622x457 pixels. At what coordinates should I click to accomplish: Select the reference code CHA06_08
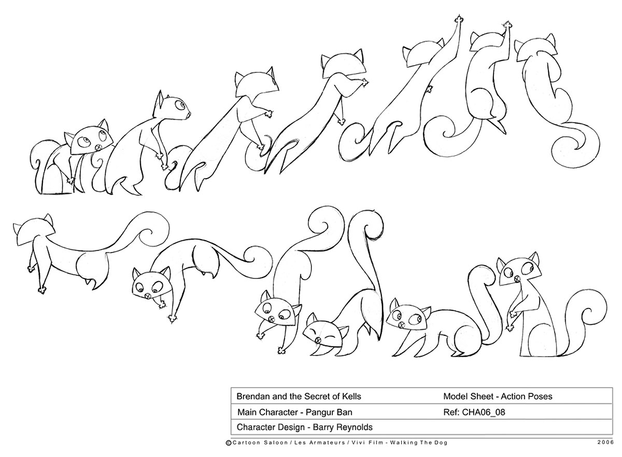coord(484,412)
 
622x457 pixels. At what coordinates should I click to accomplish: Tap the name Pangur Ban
coord(329,412)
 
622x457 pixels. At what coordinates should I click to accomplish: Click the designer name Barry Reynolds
coord(343,427)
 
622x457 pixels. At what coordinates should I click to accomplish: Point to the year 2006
coord(605,443)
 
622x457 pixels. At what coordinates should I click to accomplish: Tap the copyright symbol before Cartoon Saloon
coord(229,443)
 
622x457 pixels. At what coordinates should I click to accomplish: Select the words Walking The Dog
coord(419,443)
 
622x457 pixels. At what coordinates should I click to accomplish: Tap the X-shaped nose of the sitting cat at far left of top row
coord(98,148)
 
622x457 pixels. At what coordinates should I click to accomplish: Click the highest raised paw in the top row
coord(459,20)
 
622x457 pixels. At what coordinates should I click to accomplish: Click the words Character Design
coord(271,427)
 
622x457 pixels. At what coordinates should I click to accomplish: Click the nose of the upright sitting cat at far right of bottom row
coord(517,278)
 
